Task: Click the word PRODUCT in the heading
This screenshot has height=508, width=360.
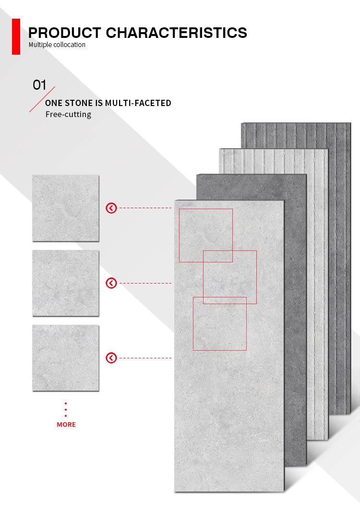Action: pyautogui.click(x=64, y=33)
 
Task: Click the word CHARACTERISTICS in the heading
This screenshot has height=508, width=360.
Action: pyautogui.click(x=177, y=33)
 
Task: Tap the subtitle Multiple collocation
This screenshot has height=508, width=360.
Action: pyautogui.click(x=57, y=45)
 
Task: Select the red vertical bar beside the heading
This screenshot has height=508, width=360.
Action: pyautogui.click(x=16, y=36)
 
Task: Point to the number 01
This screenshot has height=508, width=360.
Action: pyautogui.click(x=39, y=85)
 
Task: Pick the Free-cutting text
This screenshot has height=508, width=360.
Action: pyautogui.click(x=69, y=114)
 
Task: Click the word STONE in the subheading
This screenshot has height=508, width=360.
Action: pyautogui.click(x=79, y=103)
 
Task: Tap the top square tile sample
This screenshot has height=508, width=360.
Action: pyautogui.click(x=66, y=208)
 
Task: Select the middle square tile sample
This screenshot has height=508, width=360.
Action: pyautogui.click(x=66, y=283)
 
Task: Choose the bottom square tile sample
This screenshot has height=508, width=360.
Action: pyautogui.click(x=66, y=358)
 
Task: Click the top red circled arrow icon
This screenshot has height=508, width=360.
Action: pyautogui.click(x=111, y=208)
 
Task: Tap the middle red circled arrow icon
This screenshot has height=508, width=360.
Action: pyautogui.click(x=111, y=283)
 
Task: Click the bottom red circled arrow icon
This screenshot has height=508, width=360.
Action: pyautogui.click(x=111, y=358)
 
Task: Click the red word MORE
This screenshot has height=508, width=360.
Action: pyautogui.click(x=66, y=425)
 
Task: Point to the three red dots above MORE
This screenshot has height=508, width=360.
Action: pyautogui.click(x=66, y=410)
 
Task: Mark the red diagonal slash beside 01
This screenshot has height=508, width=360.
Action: pyautogui.click(x=42, y=99)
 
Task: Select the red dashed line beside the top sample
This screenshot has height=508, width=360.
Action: pyautogui.click(x=145, y=208)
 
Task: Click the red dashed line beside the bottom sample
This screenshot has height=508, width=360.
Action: pyautogui.click(x=145, y=358)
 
